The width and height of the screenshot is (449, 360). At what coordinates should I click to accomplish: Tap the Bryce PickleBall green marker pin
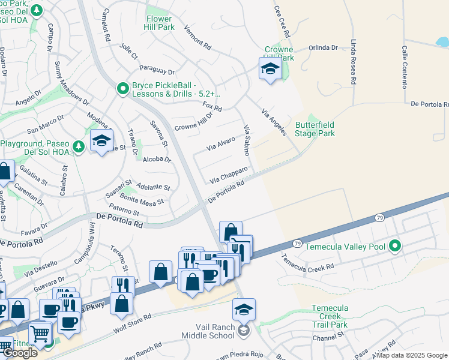[x=123, y=89]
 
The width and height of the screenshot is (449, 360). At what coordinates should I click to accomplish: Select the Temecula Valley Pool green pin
[x=394, y=245]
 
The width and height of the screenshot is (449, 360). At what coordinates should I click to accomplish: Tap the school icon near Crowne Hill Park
[x=270, y=70]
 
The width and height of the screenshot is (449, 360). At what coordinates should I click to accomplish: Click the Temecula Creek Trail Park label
[x=330, y=316]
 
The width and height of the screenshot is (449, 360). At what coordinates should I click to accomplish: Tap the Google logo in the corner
[x=20, y=353]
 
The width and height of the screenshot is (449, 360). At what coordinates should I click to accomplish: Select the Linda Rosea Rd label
[x=354, y=62]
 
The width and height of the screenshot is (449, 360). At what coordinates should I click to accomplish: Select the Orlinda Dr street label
[x=324, y=49]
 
